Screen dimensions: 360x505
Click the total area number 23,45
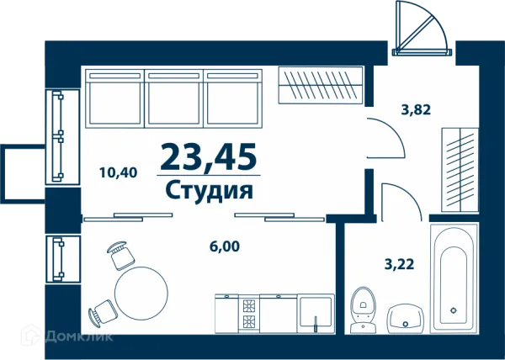pyautogui.click(x=208, y=156)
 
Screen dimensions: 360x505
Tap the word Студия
pyautogui.click(x=209, y=190)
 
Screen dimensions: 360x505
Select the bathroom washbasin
pyautogui.click(x=408, y=319)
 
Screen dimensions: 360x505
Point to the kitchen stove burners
pyautogui.click(x=249, y=313)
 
